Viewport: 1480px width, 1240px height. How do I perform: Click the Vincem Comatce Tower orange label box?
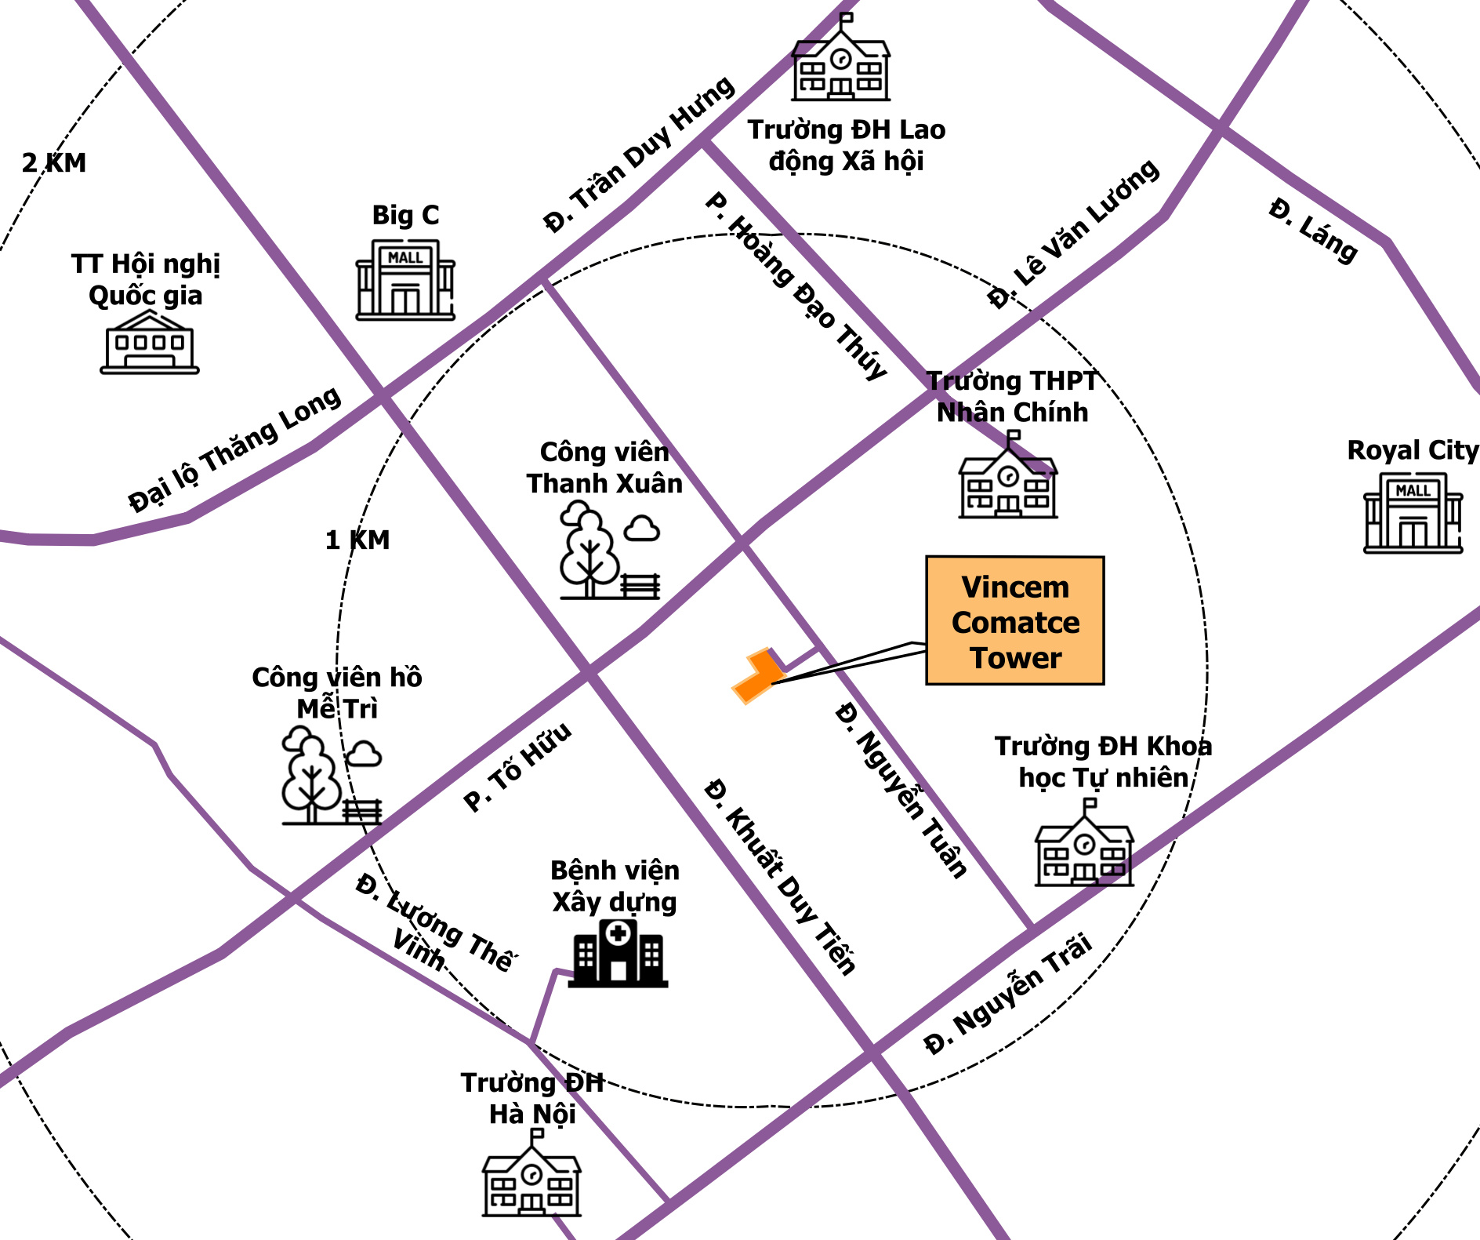point(1015,620)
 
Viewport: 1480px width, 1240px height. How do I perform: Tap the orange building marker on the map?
point(757,675)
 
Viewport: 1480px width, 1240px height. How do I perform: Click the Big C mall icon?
point(405,279)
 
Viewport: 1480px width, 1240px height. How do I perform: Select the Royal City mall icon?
point(1413,512)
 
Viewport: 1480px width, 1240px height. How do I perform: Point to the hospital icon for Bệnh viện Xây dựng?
point(618,952)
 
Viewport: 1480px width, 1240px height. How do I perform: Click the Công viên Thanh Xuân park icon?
point(610,550)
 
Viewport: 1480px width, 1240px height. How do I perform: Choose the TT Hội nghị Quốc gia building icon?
point(150,342)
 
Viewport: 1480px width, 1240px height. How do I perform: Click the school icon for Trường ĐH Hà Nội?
point(531,1173)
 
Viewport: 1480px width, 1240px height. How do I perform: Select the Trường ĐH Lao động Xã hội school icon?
point(841,56)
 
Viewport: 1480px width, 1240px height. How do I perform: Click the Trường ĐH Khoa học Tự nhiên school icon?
point(1085,842)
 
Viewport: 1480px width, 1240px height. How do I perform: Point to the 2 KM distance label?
point(54,163)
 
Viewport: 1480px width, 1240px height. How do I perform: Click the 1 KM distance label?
point(357,540)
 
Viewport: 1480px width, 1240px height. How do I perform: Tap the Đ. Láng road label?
point(1313,231)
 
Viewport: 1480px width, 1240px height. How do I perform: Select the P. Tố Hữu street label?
point(517,767)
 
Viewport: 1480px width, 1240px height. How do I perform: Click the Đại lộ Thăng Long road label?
point(234,449)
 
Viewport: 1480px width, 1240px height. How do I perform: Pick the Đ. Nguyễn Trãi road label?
point(1008,993)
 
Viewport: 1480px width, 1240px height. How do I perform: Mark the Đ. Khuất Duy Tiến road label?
point(780,876)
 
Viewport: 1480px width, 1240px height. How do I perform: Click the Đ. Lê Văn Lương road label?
point(1073,234)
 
